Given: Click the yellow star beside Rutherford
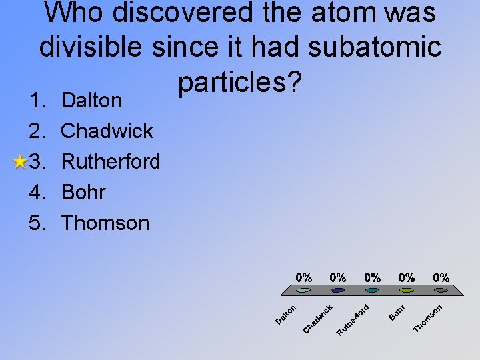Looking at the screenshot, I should pyautogui.click(x=21, y=161).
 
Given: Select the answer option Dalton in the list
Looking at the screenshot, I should pyautogui.click(x=91, y=101).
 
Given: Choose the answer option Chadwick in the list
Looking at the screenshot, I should pyautogui.click(x=107, y=131).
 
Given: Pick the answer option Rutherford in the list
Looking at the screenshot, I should pyautogui.click(x=110, y=161).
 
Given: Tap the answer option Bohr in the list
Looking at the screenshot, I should pyautogui.click(x=83, y=192).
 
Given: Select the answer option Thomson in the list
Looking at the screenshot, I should pyautogui.click(x=105, y=223).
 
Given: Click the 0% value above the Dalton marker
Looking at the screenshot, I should pyautogui.click(x=304, y=277).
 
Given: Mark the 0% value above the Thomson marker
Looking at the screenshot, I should pyautogui.click(x=441, y=277).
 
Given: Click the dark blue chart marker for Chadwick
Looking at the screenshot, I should pyautogui.click(x=338, y=290).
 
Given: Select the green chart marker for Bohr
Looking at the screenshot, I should pyautogui.click(x=407, y=290).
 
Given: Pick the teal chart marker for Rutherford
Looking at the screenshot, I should pyautogui.click(x=373, y=290).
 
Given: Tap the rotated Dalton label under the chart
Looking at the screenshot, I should pyautogui.click(x=286, y=314).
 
